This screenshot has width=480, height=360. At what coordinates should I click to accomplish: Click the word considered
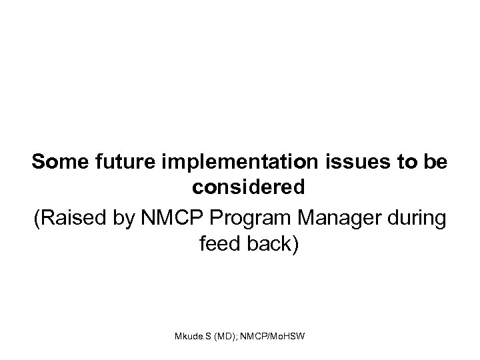[249, 188]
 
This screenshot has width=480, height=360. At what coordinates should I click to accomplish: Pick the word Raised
[69, 217]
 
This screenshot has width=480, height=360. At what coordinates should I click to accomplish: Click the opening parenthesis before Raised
[37, 218]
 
